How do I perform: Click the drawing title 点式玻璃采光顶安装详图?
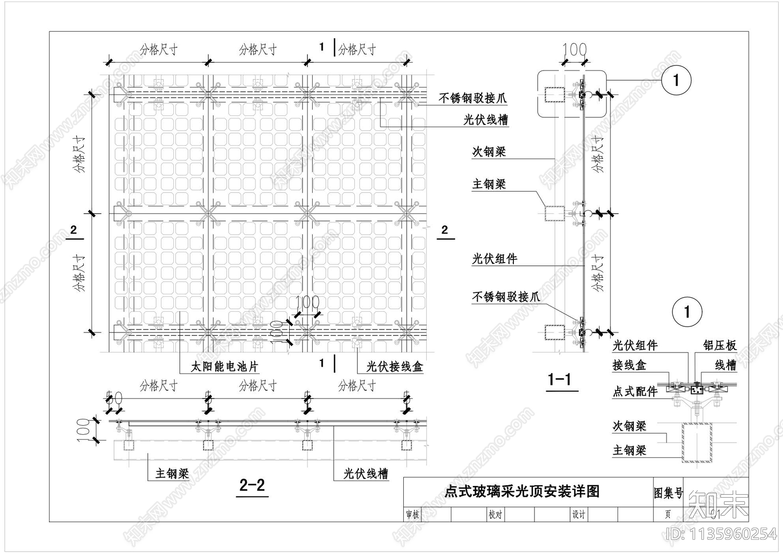point(522,491)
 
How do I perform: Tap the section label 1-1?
point(559,379)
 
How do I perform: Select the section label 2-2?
point(253,485)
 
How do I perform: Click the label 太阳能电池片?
point(224,366)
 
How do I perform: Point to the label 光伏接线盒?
point(394,366)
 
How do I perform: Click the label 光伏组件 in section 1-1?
point(494,259)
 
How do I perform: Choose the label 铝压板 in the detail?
point(719,345)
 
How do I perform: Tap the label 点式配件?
point(635,391)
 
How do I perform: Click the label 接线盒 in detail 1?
point(629,365)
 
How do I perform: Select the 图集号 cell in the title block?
point(668,493)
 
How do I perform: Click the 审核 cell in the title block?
point(413,514)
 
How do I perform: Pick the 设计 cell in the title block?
point(579,514)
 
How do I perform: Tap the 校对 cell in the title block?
point(495,514)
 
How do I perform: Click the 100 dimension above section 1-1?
point(574,49)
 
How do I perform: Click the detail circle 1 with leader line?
point(676,80)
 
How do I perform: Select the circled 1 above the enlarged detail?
point(687,312)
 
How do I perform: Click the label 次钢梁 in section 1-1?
point(488,152)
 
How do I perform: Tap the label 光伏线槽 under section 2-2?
point(366,473)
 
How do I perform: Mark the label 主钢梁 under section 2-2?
point(172,473)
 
